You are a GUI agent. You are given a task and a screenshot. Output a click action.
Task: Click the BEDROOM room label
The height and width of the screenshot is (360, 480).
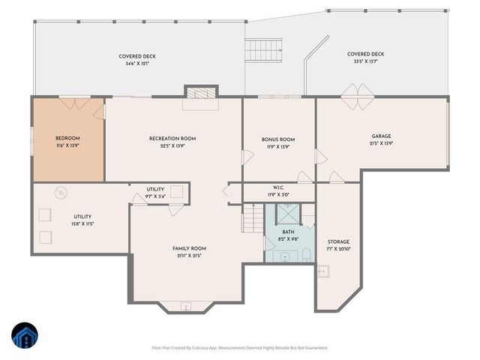(x=67, y=138)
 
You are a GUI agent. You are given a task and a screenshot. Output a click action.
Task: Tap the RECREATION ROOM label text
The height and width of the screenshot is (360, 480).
(x=172, y=138)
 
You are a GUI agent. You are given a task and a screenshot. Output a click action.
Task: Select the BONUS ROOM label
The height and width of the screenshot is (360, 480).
(x=278, y=139)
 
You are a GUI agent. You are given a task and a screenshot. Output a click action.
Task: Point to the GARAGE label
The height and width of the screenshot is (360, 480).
(x=381, y=136)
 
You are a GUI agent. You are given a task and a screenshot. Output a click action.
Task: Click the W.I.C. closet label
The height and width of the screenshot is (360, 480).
(x=277, y=188)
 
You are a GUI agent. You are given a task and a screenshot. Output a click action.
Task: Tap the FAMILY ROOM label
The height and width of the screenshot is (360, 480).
(x=189, y=248)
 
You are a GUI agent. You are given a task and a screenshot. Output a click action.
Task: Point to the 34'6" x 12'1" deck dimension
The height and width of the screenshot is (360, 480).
(x=136, y=64)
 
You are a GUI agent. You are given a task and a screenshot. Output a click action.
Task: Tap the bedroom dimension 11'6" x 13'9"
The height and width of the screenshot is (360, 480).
(x=67, y=146)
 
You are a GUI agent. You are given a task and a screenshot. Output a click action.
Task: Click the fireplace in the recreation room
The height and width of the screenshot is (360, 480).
(x=200, y=94)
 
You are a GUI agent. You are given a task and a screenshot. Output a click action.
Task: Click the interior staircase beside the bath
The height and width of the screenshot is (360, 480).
(x=252, y=220)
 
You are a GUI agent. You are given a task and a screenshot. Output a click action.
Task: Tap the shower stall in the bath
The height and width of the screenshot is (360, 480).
(x=289, y=215)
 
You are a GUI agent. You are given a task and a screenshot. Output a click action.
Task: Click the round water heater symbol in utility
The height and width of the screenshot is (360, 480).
(x=59, y=193)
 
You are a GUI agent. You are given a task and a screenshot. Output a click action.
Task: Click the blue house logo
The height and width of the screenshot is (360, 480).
(x=25, y=335)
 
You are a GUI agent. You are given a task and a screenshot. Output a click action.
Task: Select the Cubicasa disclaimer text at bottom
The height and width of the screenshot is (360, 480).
(x=240, y=348)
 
